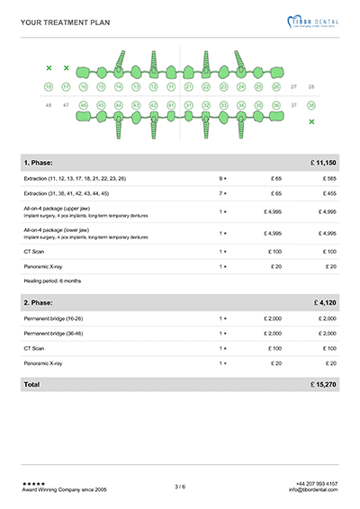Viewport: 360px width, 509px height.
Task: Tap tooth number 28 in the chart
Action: coord(311,87)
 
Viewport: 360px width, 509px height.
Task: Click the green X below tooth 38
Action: coord(311,121)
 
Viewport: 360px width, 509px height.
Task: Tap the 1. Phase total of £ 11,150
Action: coord(321,162)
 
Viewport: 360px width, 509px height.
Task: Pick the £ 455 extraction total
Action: coord(328,193)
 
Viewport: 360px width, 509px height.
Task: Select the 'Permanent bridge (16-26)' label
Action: coord(57,318)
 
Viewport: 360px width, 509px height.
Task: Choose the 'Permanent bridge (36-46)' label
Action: coord(57,333)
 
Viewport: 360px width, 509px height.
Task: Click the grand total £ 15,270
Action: coord(321,384)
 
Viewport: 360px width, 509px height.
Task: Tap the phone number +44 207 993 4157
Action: coord(316,484)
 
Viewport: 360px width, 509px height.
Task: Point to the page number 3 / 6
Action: coord(180,487)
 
